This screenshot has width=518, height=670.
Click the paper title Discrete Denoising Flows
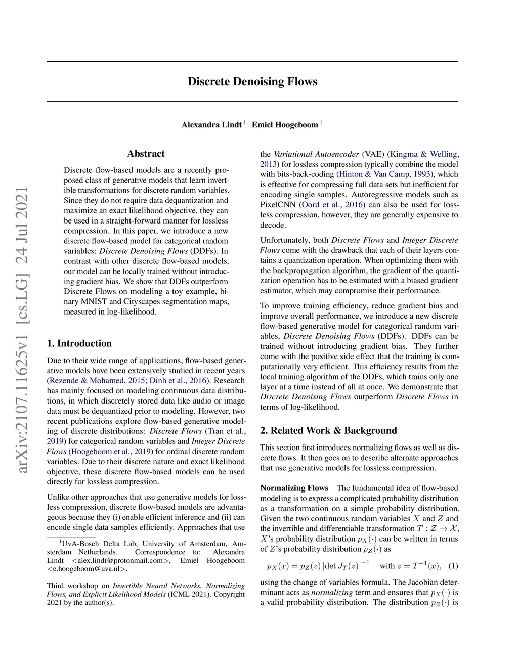(252, 82)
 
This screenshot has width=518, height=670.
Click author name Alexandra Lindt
(211, 125)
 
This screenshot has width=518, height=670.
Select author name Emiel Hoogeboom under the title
(285, 125)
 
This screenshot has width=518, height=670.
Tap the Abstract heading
(146, 154)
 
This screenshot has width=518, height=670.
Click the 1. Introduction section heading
(79, 343)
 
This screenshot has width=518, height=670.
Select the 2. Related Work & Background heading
(328, 430)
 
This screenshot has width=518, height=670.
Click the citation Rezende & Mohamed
(87, 381)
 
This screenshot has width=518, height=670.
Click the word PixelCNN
(278, 205)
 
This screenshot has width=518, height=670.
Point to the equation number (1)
(453, 566)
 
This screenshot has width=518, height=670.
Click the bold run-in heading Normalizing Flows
(294, 488)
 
